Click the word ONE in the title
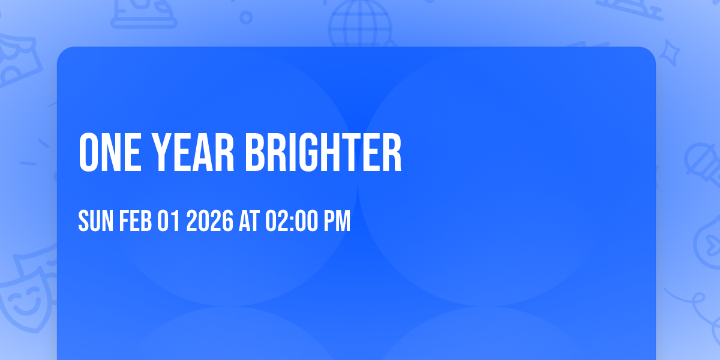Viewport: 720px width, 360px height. pyautogui.click(x=109, y=153)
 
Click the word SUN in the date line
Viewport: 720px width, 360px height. pyautogui.click(x=96, y=221)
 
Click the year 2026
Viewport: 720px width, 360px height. pyautogui.click(x=209, y=221)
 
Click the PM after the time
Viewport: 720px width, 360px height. pyautogui.click(x=337, y=221)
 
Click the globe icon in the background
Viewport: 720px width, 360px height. pyautogui.click(x=359, y=24)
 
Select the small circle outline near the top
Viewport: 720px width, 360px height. pyautogui.click(x=246, y=17)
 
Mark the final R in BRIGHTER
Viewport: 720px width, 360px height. pyautogui.click(x=392, y=153)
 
